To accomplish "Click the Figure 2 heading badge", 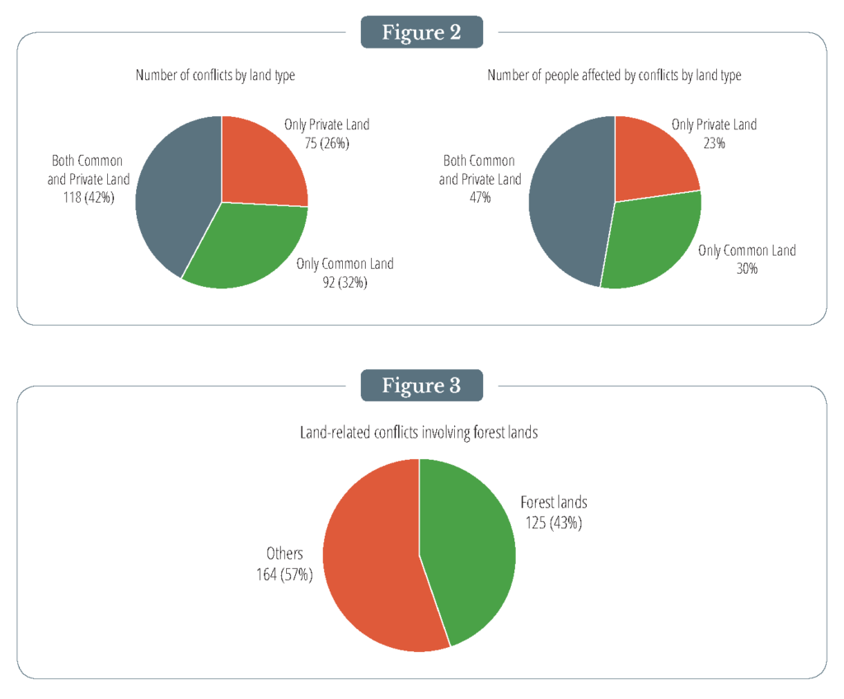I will click(x=421, y=33).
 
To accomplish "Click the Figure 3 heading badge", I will click(x=421, y=386).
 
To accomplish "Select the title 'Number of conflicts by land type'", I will click(x=215, y=76).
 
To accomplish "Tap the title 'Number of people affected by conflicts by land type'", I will click(x=614, y=76).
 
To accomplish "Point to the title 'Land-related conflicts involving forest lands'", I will click(x=420, y=432).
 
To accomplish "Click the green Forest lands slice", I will click(x=466, y=544).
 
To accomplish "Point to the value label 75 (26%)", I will click(x=327, y=143).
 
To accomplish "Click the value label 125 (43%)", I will click(x=553, y=522).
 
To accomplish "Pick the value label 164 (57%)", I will click(x=284, y=574).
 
